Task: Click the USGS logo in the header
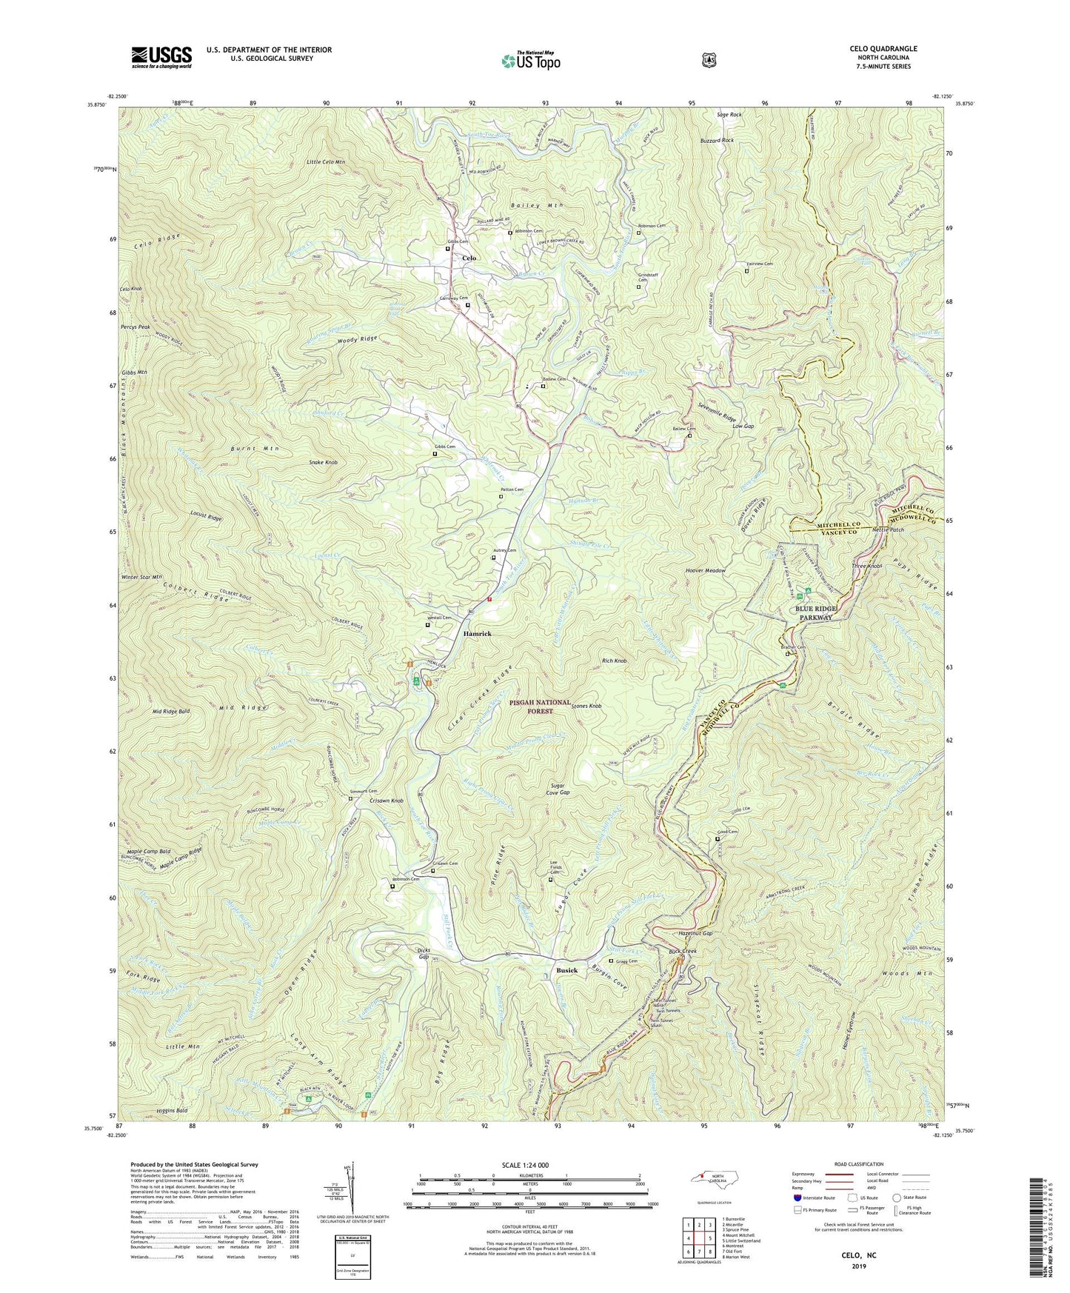pos(161,56)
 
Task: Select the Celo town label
pos(469,258)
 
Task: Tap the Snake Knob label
pos(323,462)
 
